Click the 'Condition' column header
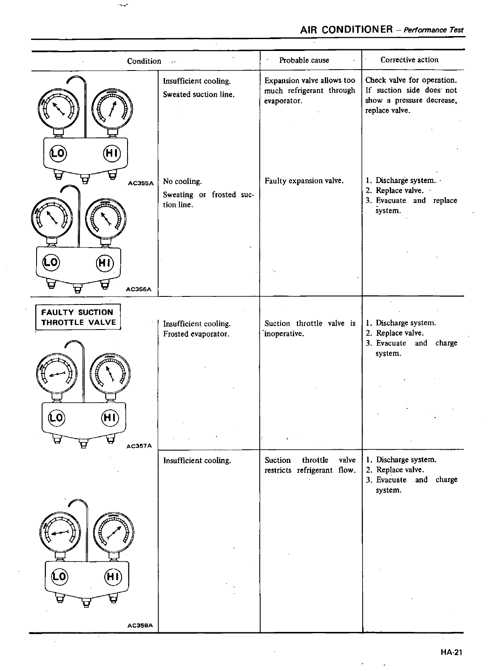(144, 61)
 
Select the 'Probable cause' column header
(304, 60)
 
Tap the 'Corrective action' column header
(409, 60)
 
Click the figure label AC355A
(140, 184)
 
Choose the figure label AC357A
(139, 446)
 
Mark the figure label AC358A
(139, 626)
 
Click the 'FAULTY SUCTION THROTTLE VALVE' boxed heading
(78, 317)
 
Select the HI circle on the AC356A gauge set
(105, 263)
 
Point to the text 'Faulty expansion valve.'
(304, 181)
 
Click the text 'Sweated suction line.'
(199, 95)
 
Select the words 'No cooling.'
(182, 182)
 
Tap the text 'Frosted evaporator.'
(196, 334)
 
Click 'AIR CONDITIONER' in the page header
(346, 30)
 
